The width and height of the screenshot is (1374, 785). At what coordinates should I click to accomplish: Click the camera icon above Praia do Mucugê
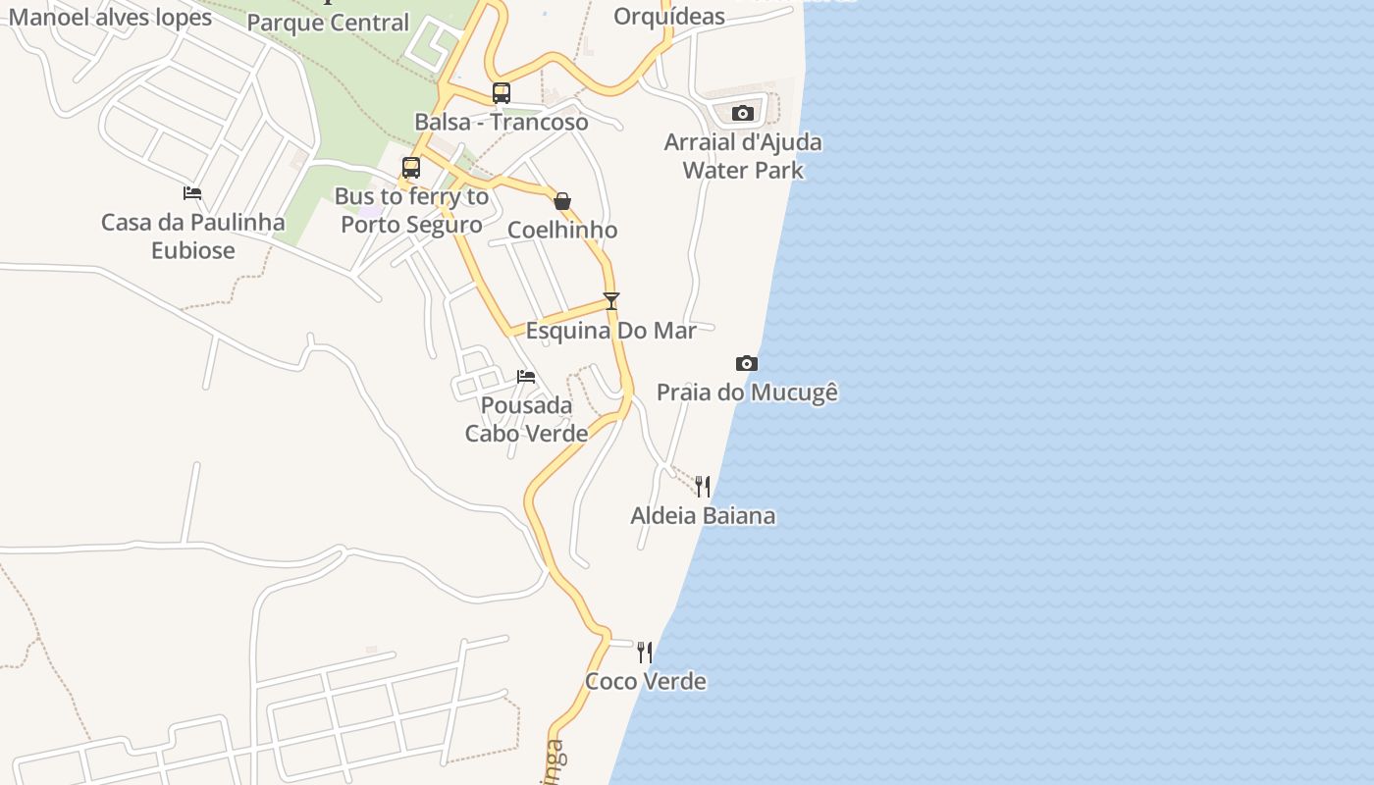click(747, 364)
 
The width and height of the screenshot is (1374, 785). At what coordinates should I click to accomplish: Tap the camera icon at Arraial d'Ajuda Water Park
click(743, 114)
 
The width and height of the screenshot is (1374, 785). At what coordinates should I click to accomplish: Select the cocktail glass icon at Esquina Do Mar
click(611, 300)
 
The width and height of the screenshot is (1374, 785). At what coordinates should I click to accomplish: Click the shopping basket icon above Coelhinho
click(562, 201)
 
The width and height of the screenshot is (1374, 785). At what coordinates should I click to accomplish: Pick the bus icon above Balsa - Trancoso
click(502, 93)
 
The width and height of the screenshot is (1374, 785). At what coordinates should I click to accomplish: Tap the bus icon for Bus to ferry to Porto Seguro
click(411, 167)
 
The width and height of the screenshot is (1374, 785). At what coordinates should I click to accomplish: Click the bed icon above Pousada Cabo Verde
click(526, 377)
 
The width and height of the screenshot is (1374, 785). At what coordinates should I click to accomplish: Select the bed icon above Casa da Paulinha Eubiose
click(192, 193)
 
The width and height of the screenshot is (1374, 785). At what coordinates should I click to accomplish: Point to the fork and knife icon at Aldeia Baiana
click(703, 487)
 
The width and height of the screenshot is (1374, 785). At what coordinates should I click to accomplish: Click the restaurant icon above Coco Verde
click(645, 653)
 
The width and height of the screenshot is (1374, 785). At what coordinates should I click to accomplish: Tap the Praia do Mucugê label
click(747, 392)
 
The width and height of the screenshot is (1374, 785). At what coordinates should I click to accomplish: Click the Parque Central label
click(328, 23)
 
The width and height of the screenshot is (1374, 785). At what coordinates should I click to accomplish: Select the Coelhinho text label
click(562, 231)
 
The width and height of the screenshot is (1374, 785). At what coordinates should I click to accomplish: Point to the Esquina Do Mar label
click(611, 331)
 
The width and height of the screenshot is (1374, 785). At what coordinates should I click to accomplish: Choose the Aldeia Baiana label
click(703, 516)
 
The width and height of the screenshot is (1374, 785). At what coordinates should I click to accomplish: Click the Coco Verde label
click(646, 681)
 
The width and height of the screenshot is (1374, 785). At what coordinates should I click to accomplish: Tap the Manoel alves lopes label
click(110, 17)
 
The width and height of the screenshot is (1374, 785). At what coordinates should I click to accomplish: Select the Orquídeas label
click(669, 17)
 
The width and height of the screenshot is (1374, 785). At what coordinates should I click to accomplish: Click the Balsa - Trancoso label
click(502, 123)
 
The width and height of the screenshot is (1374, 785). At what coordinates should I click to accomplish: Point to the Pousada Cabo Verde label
click(526, 419)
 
